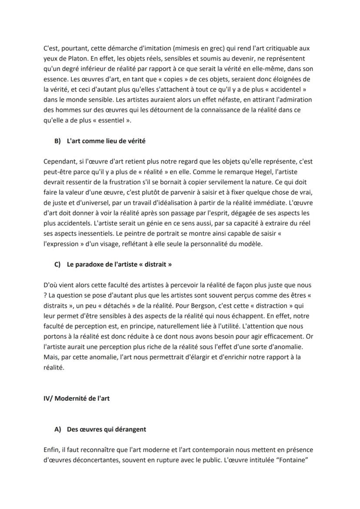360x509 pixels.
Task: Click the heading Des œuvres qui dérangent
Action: [107, 429]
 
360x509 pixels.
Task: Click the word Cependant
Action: [60, 161]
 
